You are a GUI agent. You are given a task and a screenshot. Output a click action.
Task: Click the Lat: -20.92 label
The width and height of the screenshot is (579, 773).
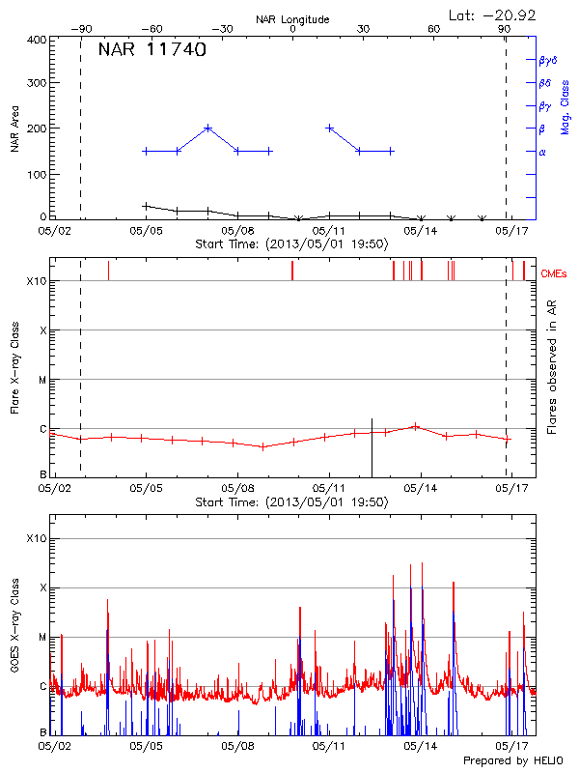click(x=493, y=14)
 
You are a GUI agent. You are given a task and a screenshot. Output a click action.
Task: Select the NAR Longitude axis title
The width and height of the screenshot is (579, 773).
click(x=292, y=19)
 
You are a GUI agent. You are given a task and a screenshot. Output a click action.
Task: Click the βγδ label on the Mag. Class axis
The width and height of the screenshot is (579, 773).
click(x=547, y=60)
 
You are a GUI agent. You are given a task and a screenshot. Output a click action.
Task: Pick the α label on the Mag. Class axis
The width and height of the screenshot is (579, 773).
click(x=541, y=152)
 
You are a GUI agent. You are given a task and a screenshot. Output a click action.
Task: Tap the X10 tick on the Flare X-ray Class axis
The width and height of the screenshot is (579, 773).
click(x=37, y=281)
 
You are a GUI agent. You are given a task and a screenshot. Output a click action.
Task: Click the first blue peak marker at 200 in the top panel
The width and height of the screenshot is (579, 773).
click(x=207, y=128)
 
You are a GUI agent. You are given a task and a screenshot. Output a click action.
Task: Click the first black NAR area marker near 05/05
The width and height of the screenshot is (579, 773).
click(x=146, y=206)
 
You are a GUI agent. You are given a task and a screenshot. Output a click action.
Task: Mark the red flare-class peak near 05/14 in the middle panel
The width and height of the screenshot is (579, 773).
click(x=415, y=426)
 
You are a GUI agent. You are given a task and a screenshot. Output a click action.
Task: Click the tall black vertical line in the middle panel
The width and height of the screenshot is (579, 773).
click(x=372, y=446)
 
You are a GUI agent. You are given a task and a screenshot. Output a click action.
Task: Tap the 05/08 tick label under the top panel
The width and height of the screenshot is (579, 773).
click(x=236, y=231)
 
